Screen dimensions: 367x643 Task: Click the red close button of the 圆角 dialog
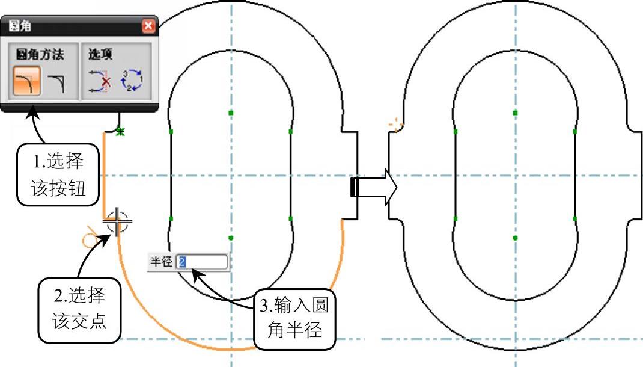pyautogui.click(x=148, y=26)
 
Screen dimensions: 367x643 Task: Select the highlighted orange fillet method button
pyautogui.click(x=27, y=81)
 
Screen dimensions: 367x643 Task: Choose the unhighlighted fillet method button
pyautogui.click(x=56, y=81)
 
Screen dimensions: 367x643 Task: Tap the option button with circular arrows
pyautogui.click(x=132, y=81)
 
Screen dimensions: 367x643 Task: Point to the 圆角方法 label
pyautogui.click(x=40, y=54)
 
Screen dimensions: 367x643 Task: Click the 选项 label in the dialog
pyautogui.click(x=101, y=54)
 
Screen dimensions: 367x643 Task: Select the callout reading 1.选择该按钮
pyautogui.click(x=58, y=173)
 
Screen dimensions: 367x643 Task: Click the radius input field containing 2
pyautogui.click(x=202, y=262)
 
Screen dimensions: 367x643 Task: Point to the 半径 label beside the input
pyautogui.click(x=161, y=262)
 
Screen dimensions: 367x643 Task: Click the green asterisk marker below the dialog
pyautogui.click(x=120, y=131)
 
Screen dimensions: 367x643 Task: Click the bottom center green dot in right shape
pyautogui.click(x=515, y=238)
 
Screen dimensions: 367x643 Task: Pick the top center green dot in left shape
pyautogui.click(x=231, y=113)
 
